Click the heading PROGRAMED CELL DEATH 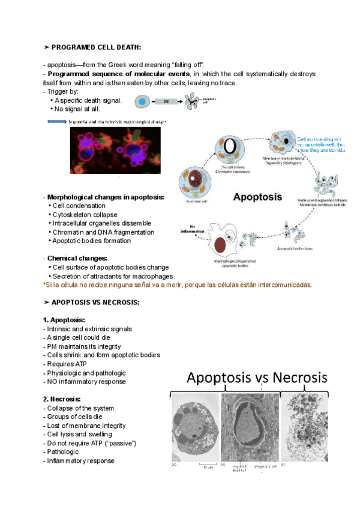pyautogui.click(x=96, y=47)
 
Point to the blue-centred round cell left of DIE pyautogui.click(x=142, y=103)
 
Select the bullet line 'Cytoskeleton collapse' pyautogui.click(x=85, y=214)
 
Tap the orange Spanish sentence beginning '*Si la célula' pyautogui.click(x=178, y=285)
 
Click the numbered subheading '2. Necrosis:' pyautogui.click(x=62, y=399)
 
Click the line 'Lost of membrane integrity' pyautogui.click(x=85, y=426)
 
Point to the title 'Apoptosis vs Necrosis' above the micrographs pyautogui.click(x=257, y=378)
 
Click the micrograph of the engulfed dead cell pyautogui.click(x=250, y=427)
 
